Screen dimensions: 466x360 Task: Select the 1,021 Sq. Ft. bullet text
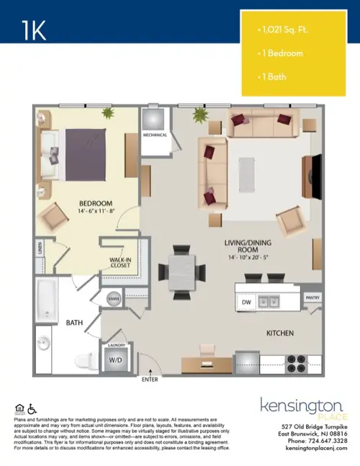pos(284,30)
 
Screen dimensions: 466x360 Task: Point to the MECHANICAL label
pos(155,135)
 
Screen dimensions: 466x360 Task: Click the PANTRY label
pos(312,296)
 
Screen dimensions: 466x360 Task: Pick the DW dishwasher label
pos(246,303)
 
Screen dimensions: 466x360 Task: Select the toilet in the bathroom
pos(84,360)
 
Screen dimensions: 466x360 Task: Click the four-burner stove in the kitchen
pos(298,359)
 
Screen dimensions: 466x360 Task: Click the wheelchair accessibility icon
pos(31,408)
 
